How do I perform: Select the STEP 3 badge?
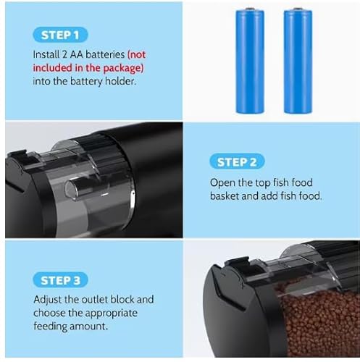pos(62,280)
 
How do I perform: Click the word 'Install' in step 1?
pos(46,54)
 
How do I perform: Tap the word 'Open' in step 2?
pos(223,182)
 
